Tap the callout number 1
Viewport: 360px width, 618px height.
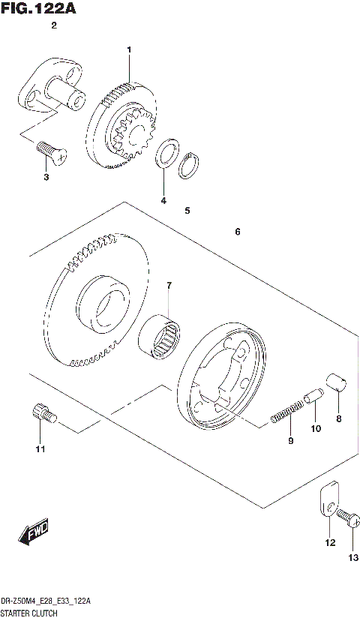(x=129, y=50)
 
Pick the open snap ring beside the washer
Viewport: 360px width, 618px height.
(x=190, y=166)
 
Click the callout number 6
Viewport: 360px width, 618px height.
(x=237, y=232)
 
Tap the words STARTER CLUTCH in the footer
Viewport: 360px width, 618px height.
(x=30, y=613)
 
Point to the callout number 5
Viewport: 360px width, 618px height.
(x=187, y=211)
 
